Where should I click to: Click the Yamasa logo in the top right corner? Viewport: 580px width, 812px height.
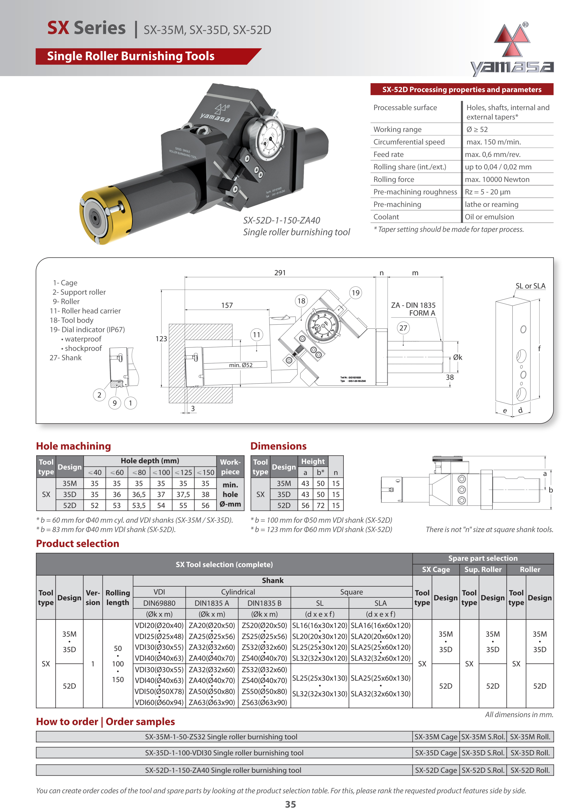coord(512,50)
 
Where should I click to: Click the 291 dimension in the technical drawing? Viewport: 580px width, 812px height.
coord(280,273)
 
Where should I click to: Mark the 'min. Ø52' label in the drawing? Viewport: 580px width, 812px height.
coord(241,365)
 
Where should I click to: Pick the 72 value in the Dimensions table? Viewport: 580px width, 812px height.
coord(320,505)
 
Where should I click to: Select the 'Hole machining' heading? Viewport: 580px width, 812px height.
coord(74,446)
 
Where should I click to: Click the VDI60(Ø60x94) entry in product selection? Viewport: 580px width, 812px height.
coord(159,702)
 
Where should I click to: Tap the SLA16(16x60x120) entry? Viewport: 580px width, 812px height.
coord(380,625)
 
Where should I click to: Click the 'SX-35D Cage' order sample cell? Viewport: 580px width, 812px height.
coord(436,753)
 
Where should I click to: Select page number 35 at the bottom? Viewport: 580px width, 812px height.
coord(290,804)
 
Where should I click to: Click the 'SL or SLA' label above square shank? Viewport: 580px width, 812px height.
coord(530,286)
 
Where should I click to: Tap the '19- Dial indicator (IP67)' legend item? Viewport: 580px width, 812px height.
coord(87,330)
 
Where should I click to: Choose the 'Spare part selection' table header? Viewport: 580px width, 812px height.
coord(483,558)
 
